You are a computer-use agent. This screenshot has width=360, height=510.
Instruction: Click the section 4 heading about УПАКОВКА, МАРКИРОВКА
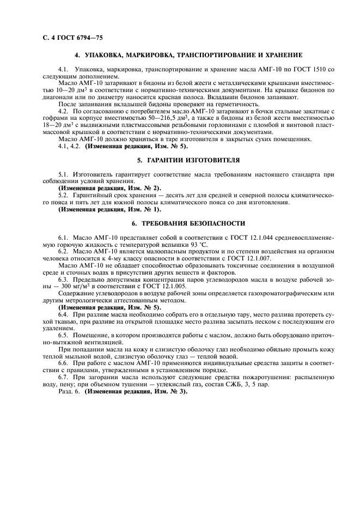188,55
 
